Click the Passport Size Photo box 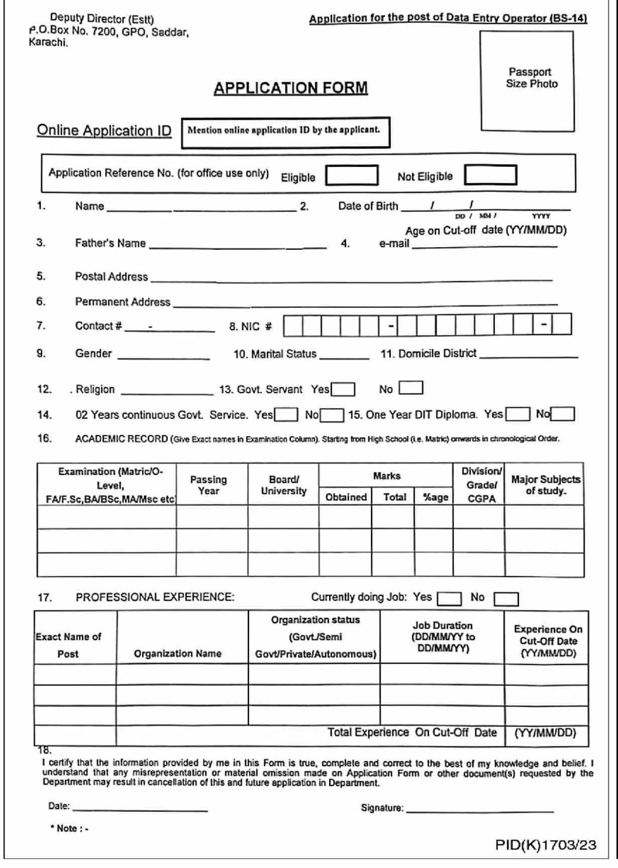pyautogui.click(x=527, y=81)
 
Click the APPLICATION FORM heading pyautogui.click(x=290, y=88)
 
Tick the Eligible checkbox pyautogui.click(x=352, y=175)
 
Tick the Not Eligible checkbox pyautogui.click(x=490, y=175)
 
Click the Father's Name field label pyautogui.click(x=110, y=243)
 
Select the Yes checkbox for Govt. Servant pyautogui.click(x=343, y=389)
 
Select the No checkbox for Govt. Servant pyautogui.click(x=411, y=388)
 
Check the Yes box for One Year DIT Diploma pyautogui.click(x=518, y=414)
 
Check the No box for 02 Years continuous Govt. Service pyautogui.click(x=332, y=415)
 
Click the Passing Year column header pyautogui.click(x=209, y=485)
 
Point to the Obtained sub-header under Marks pyautogui.click(x=346, y=497)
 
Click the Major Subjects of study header pyautogui.click(x=545, y=485)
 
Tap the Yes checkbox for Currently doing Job pyautogui.click(x=449, y=599)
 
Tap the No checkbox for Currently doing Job pyautogui.click(x=506, y=599)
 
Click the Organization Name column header pyautogui.click(x=178, y=654)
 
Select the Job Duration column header pyautogui.click(x=442, y=637)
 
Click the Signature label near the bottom pyautogui.click(x=382, y=808)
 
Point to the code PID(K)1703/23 pyautogui.click(x=545, y=845)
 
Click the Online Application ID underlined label pyautogui.click(x=104, y=131)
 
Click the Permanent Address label pyautogui.click(x=123, y=302)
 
